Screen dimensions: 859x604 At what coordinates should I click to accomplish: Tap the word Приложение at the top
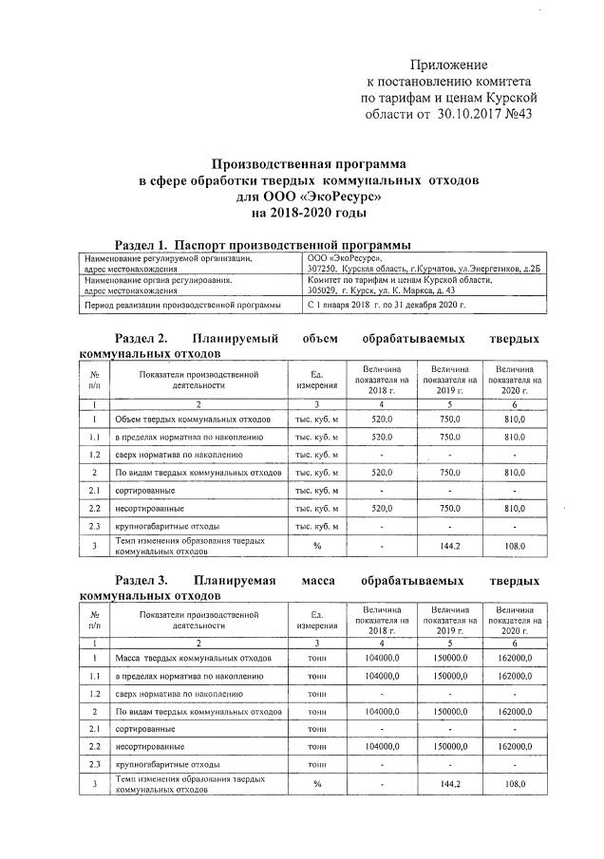(450, 64)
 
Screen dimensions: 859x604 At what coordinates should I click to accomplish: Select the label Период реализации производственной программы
(182, 306)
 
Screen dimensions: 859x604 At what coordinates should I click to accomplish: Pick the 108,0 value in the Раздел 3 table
(514, 784)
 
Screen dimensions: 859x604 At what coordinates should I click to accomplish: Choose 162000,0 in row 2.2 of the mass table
(514, 747)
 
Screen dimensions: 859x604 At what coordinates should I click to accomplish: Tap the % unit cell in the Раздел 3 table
(317, 784)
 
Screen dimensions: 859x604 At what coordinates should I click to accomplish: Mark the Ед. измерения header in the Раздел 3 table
(317, 620)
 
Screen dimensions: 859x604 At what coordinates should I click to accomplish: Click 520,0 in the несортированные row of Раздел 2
(380, 508)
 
